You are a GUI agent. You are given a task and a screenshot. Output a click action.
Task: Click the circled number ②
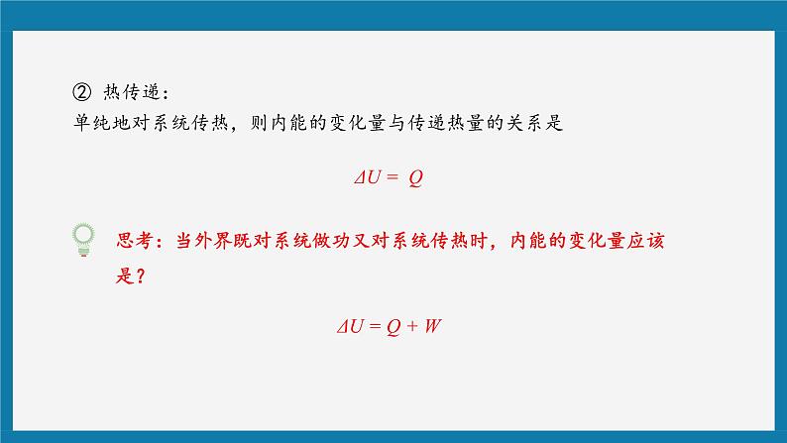pos(82,92)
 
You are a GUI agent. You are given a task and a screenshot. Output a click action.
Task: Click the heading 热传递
pos(132,92)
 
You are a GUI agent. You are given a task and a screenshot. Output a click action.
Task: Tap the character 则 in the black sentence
pos(259,123)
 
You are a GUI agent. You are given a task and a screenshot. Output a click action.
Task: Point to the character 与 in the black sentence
pos(396,123)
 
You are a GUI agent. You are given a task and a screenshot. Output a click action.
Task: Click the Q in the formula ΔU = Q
pos(415,178)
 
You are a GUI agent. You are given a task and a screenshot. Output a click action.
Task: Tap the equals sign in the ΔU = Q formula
pos(393,177)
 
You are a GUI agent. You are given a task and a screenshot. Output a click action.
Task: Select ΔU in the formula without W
pos(368,177)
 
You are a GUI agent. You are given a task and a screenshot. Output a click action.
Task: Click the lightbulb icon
pos(83,240)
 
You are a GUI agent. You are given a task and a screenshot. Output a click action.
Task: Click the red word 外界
pos(212,241)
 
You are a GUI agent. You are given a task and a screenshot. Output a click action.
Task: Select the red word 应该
pos(646,241)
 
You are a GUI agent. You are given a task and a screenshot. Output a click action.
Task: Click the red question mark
pos(141,276)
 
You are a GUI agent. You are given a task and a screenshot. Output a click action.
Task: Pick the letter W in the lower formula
pos(432,326)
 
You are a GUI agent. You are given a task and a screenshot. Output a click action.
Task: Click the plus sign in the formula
pos(412,327)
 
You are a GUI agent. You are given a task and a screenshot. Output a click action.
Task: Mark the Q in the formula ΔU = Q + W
pos(393,327)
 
